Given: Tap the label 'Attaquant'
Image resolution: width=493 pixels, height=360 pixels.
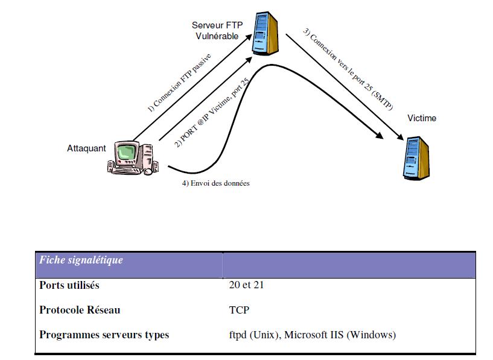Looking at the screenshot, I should (86, 148).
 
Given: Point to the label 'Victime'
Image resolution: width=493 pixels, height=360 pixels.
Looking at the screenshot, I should (421, 118).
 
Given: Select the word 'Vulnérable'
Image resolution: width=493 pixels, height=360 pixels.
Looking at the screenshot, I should (217, 36).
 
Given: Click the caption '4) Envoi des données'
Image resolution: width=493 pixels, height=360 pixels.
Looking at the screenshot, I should (215, 183).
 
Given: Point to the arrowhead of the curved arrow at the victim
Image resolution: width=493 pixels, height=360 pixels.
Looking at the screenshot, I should (398, 139).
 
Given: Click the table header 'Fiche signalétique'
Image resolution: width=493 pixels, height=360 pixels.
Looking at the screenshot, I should (81, 261).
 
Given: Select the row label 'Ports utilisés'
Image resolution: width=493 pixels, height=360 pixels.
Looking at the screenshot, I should (69, 285).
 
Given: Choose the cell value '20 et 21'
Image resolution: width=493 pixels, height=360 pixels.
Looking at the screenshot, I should (243, 285).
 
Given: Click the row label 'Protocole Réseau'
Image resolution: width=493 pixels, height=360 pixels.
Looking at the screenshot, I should (80, 310).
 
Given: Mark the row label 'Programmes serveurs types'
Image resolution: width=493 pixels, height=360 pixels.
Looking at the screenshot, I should (104, 335).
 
